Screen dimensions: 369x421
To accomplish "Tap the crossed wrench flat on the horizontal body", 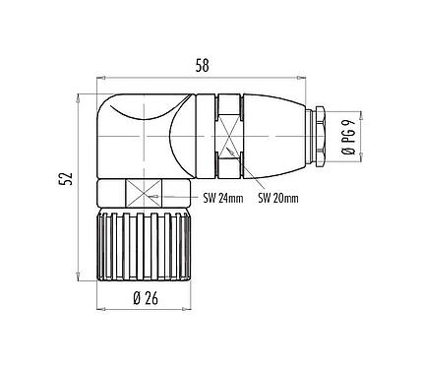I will pyautogui.click(x=229, y=131).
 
